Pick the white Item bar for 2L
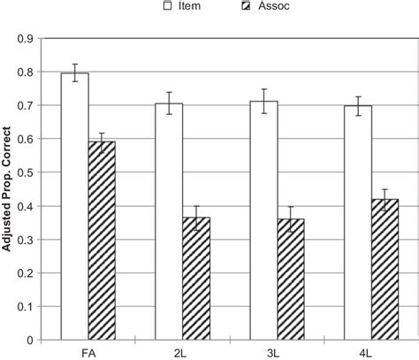point(169,221)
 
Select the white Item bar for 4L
point(357,222)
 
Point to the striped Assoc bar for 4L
point(385,269)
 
